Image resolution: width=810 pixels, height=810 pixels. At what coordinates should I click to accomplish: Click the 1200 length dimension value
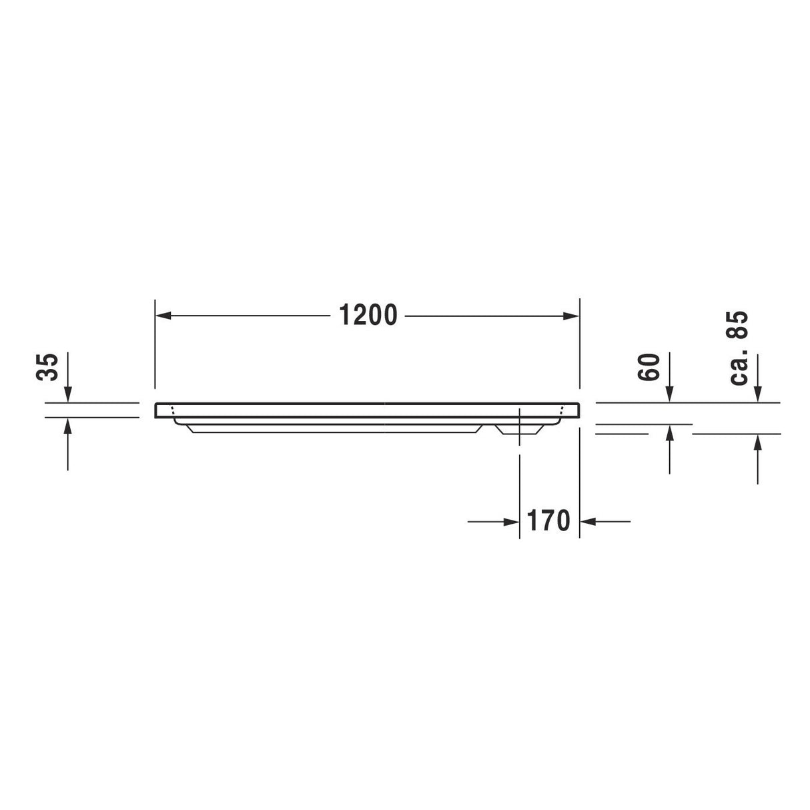(x=368, y=315)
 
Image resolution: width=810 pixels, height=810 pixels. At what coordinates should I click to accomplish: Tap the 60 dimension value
(x=648, y=367)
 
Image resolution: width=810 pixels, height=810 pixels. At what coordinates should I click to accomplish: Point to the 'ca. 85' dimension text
(x=739, y=348)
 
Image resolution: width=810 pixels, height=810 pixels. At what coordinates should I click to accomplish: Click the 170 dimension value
(x=549, y=520)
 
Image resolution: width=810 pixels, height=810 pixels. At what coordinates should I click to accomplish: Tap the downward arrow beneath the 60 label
(x=670, y=395)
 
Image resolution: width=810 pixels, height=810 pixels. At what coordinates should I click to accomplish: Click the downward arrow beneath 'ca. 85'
(x=757, y=395)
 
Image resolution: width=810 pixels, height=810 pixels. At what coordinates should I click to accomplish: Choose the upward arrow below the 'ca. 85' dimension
(x=757, y=442)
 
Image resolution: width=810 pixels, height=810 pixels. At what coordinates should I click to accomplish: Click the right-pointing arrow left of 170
(x=511, y=521)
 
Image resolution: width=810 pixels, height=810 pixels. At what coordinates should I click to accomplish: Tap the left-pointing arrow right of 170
(x=588, y=521)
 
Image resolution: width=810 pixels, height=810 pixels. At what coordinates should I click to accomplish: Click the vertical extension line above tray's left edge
(x=155, y=344)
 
